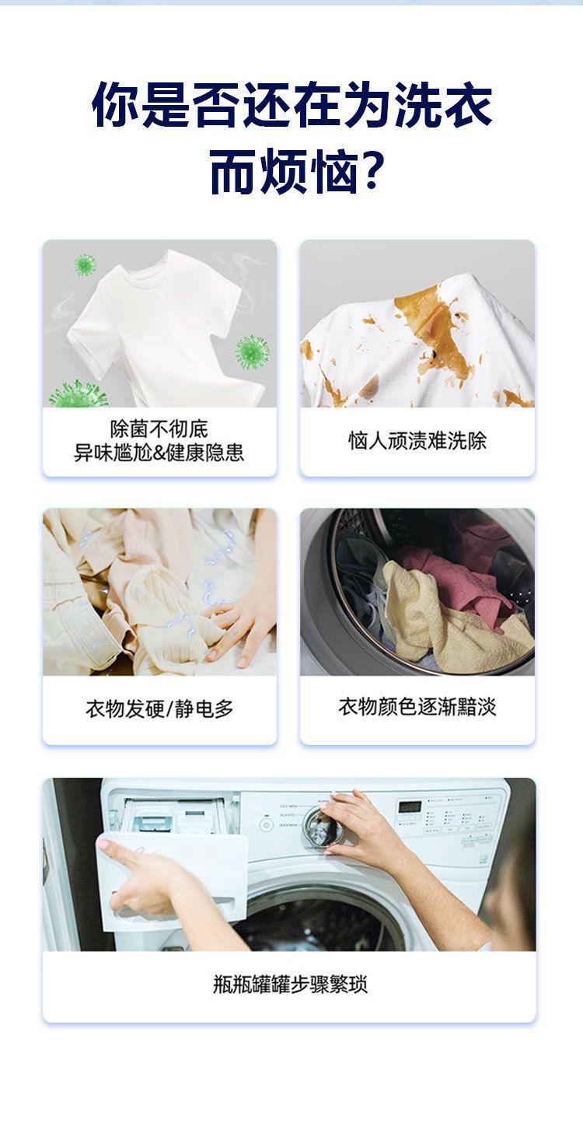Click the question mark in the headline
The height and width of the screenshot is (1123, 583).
tap(372, 170)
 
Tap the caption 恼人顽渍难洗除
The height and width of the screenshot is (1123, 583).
tap(417, 441)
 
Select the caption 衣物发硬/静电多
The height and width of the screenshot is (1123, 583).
tap(159, 709)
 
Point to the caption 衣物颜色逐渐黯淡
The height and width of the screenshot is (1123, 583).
tap(417, 707)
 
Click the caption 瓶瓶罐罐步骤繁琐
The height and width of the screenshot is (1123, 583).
tap(290, 984)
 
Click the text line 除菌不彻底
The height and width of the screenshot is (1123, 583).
tap(159, 429)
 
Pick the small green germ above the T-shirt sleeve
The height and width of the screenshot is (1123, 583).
tap(84, 264)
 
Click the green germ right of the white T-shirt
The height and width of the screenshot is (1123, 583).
tap(252, 352)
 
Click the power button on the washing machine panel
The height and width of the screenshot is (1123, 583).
tap(266, 824)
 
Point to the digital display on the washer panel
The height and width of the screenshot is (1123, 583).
tap(409, 806)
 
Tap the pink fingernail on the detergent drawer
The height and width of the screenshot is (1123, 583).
tap(103, 844)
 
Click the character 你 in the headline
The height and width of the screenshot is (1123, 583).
tap(115, 105)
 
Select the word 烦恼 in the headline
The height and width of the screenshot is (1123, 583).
tap(308, 171)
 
